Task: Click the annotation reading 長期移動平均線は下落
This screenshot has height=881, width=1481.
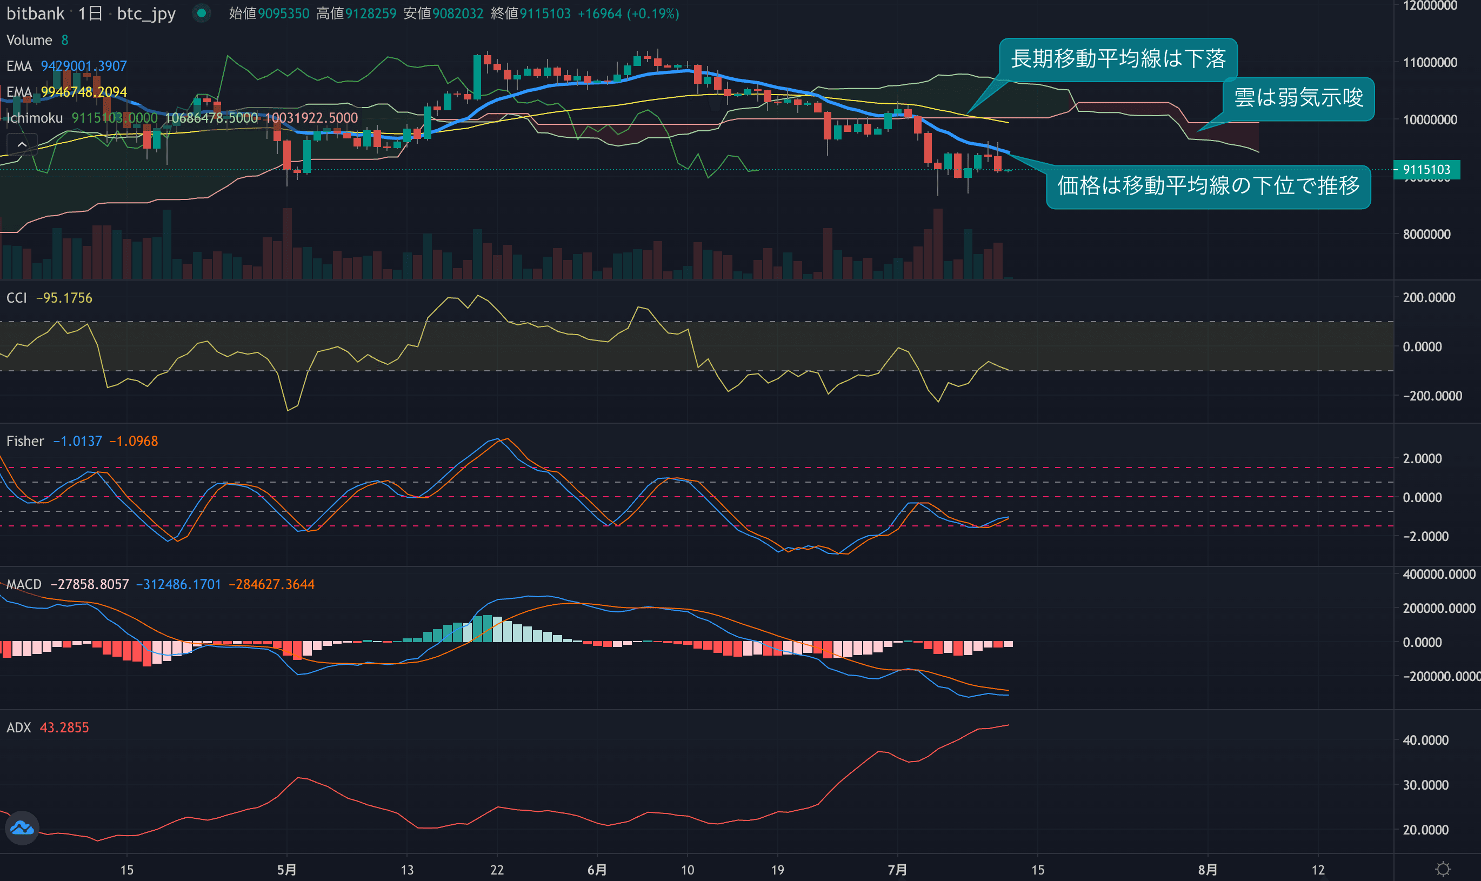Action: pos(1118,59)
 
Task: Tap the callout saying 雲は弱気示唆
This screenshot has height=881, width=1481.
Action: pos(1298,98)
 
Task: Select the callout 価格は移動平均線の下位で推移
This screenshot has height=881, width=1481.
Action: pos(1208,186)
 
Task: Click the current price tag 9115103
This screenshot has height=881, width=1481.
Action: pos(1426,170)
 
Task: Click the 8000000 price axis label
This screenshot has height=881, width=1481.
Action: pos(1426,235)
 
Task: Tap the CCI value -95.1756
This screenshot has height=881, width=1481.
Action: pos(64,298)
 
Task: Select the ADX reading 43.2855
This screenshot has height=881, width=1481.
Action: pos(64,728)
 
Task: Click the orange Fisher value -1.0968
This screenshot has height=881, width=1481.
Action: pos(134,441)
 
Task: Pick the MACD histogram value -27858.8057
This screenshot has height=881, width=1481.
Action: pos(90,585)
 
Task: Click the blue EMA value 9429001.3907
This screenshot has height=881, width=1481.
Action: pos(84,66)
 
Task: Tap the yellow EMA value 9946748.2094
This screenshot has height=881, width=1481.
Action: pos(84,92)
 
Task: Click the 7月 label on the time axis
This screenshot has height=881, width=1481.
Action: pos(897,870)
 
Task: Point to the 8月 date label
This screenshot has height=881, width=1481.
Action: pos(1208,870)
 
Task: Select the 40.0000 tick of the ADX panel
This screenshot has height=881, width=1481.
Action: pos(1425,740)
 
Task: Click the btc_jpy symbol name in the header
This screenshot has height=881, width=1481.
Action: pos(146,14)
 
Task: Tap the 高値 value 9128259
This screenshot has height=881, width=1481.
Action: pos(370,14)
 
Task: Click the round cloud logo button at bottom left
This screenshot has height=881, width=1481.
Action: pos(23,827)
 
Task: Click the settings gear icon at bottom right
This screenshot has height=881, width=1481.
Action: pos(1443,870)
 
